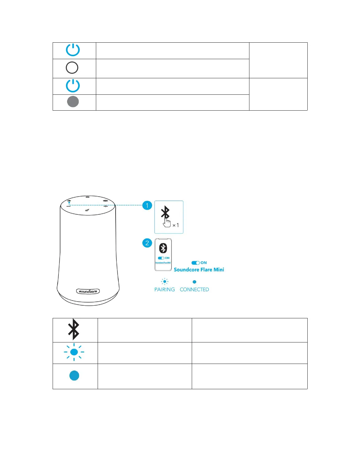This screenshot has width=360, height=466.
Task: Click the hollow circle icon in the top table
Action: click(72, 68)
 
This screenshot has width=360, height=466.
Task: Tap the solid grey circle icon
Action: click(73, 102)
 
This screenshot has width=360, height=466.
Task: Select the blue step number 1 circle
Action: click(147, 205)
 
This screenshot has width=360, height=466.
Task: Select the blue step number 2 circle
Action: click(147, 243)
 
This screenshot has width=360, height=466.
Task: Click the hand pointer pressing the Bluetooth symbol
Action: click(167, 223)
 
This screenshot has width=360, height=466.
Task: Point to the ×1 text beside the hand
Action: click(176, 225)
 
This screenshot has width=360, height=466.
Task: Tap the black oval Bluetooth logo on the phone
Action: click(163, 248)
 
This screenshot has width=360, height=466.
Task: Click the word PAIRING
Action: click(165, 289)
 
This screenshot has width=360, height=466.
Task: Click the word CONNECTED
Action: click(194, 289)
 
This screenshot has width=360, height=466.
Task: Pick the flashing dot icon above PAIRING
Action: click(165, 282)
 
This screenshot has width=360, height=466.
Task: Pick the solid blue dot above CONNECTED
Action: click(194, 282)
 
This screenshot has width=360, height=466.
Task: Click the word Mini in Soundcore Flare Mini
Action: click(219, 269)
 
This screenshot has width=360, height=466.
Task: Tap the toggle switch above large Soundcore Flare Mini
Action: click(196, 263)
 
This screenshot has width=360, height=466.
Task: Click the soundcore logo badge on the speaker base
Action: click(88, 291)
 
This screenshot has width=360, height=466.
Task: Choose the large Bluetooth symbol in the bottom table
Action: click(74, 329)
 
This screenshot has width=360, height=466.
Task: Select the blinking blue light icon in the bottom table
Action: click(74, 352)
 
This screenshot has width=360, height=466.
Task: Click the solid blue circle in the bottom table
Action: click(74, 375)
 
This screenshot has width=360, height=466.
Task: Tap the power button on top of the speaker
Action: click(88, 197)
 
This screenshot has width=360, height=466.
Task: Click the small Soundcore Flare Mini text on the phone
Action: click(163, 262)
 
